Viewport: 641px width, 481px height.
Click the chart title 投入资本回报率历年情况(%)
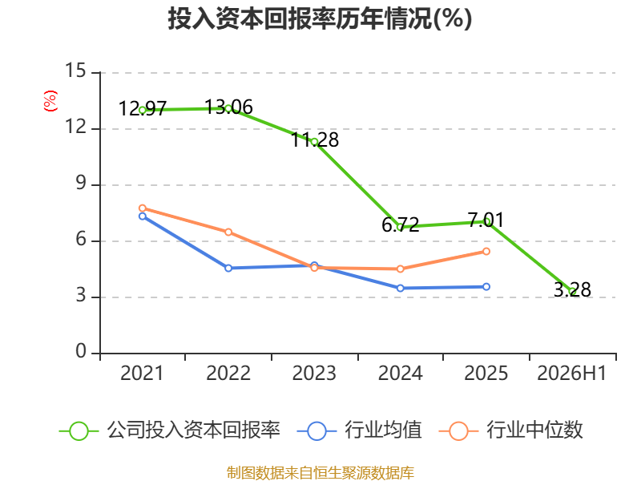(x=320, y=18)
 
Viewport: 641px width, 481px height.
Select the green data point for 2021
(x=143, y=110)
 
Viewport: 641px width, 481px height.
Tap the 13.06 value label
(x=228, y=107)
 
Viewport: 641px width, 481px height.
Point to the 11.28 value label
(x=315, y=139)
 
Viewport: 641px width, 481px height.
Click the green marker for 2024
(x=400, y=227)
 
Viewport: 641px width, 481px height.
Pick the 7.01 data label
(x=486, y=220)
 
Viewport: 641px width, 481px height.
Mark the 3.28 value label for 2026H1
(x=572, y=289)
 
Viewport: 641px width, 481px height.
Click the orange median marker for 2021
(x=143, y=208)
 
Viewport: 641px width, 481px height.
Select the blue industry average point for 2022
(x=228, y=268)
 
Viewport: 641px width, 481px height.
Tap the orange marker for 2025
(x=486, y=251)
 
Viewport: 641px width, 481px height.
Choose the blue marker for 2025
(x=486, y=287)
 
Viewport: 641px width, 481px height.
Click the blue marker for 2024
(x=400, y=288)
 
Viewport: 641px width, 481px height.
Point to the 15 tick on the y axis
(x=75, y=71)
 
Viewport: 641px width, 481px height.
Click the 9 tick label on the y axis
(x=81, y=184)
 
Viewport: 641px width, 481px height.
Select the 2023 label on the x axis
(x=314, y=373)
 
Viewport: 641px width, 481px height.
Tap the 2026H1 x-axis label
(x=571, y=373)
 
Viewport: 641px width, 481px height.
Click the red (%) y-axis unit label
(x=50, y=101)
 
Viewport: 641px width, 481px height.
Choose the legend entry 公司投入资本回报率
(x=170, y=430)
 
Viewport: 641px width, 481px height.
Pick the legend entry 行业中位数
(x=510, y=430)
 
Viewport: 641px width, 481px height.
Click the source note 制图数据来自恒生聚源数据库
(x=320, y=473)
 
